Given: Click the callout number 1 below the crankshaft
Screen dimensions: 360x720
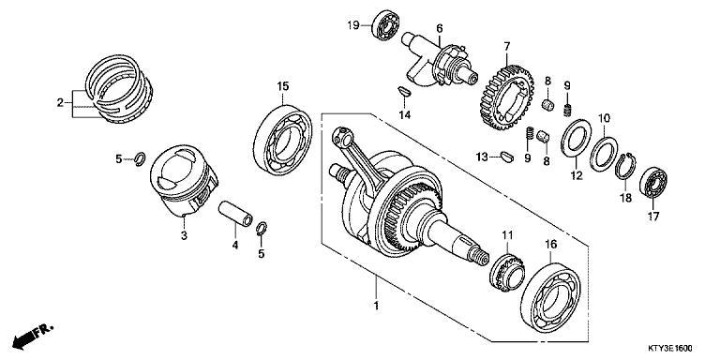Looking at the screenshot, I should [375, 306].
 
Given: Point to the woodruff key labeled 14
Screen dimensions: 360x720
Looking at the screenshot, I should [403, 93].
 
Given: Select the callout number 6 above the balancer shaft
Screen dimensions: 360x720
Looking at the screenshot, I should [439, 28].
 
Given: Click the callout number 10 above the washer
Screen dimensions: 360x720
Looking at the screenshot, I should [606, 118].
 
